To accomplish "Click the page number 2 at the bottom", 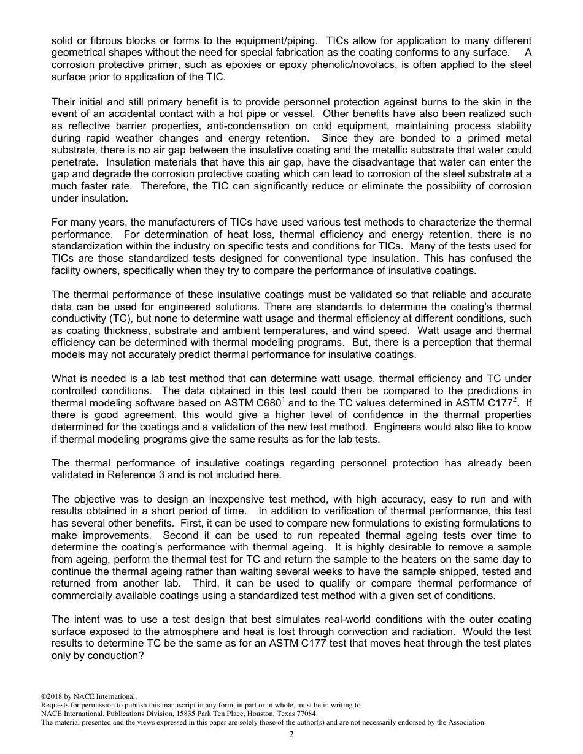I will tap(291, 734).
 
